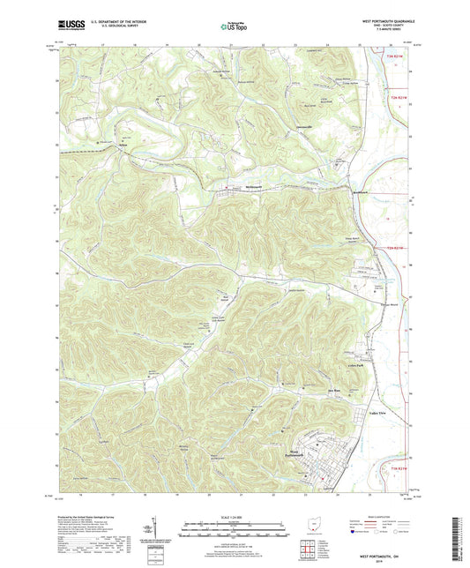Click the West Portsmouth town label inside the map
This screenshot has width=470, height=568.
point(294,455)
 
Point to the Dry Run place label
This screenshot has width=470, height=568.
point(310,389)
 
